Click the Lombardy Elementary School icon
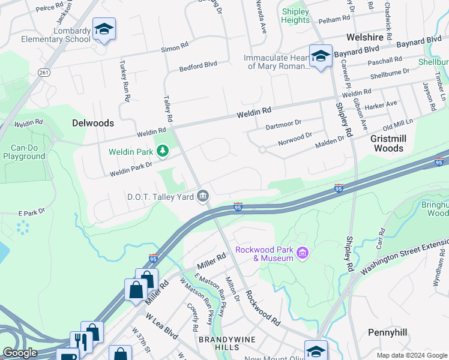(104, 29)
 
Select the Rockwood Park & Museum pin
(302, 254)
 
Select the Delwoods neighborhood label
(92, 123)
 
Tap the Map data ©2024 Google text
(411, 355)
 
